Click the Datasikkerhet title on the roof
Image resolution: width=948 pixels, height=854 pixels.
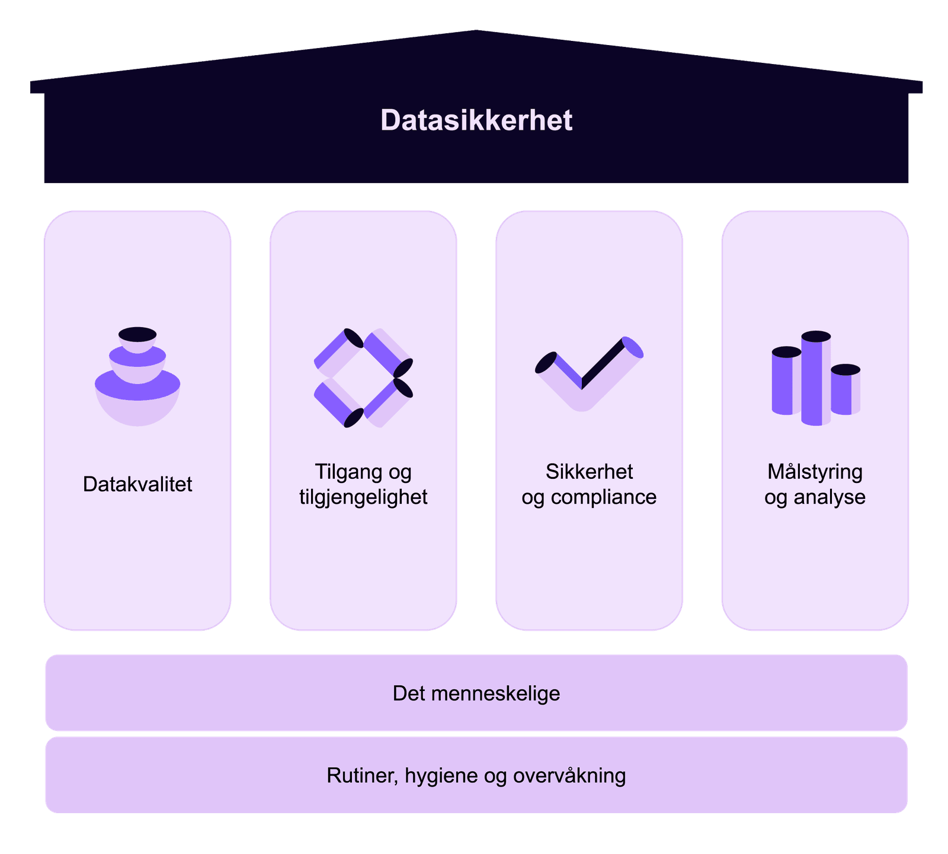(476, 120)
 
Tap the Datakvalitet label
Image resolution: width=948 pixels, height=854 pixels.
(137, 484)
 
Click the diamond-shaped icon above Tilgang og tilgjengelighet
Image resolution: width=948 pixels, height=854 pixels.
(363, 378)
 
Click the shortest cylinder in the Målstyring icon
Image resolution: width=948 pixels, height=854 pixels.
(845, 389)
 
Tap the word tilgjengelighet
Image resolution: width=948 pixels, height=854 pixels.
(363, 497)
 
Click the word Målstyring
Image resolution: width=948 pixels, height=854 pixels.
(815, 472)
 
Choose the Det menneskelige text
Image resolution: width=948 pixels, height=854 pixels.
(476, 693)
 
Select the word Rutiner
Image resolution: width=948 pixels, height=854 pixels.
(361, 775)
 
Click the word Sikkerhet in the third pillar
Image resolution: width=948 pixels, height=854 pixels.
(589, 472)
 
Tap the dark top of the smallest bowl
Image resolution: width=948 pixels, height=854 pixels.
(137, 334)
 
